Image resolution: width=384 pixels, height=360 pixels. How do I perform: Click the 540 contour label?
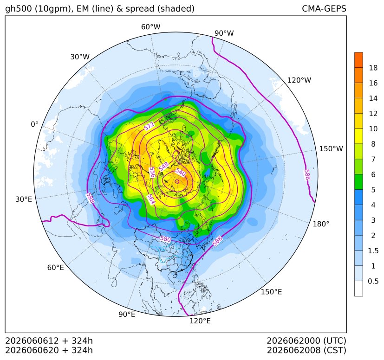click(x=181, y=173)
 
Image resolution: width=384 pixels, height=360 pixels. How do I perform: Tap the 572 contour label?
click(x=149, y=126)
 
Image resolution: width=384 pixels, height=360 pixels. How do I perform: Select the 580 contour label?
click(x=165, y=238)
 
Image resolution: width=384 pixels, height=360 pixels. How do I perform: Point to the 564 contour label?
click(x=151, y=199)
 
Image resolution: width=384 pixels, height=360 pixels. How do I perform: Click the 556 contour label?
click(x=152, y=172)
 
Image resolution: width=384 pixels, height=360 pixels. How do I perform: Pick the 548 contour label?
click(x=163, y=167)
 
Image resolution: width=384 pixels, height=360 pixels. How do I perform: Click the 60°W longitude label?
click(x=151, y=27)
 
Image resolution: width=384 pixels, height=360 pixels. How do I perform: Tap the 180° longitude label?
click(x=321, y=224)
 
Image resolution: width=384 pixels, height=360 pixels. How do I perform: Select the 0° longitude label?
click(x=34, y=124)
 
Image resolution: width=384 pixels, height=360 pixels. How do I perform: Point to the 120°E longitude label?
click(x=200, y=321)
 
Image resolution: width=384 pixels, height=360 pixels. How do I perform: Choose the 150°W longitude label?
click(x=331, y=148)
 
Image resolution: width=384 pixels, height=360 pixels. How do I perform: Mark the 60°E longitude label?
click(x=56, y=268)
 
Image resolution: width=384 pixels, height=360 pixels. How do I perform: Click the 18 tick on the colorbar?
click(x=373, y=68)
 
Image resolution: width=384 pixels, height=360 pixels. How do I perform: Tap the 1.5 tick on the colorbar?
click(x=373, y=251)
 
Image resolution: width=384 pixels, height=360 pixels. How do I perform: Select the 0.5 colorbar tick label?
click(x=373, y=281)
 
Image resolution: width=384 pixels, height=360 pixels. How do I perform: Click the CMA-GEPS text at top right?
click(x=324, y=8)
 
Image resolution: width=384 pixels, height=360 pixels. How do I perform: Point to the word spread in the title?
click(x=139, y=9)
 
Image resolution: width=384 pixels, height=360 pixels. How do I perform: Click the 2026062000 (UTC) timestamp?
click(x=306, y=341)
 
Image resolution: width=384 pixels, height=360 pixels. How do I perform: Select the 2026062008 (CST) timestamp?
click(x=306, y=350)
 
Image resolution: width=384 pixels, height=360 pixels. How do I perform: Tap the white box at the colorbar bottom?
click(x=358, y=289)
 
